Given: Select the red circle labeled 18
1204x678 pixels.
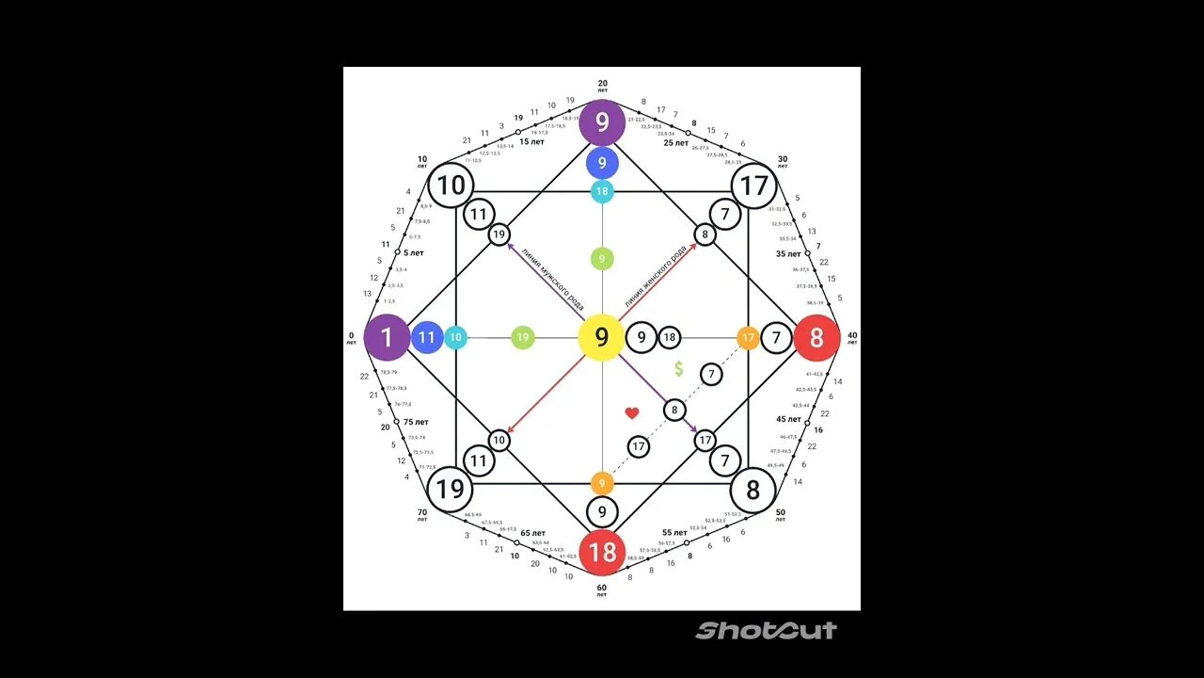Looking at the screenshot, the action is (602, 552).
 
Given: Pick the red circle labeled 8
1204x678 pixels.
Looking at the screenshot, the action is (816, 338).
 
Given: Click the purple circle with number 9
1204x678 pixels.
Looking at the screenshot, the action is (602, 122).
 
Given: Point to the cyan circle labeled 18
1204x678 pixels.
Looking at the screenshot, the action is (602, 192).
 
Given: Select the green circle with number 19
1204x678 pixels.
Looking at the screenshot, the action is (523, 338).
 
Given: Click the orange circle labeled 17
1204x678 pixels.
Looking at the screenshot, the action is (748, 338).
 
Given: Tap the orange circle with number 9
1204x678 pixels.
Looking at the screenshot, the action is (602, 484).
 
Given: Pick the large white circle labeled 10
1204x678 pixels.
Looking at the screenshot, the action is (451, 186).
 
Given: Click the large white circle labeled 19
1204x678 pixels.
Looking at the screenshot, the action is (451, 490).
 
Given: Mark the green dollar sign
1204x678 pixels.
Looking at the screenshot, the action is (678, 368).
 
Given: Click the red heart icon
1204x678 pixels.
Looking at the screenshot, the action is (632, 412).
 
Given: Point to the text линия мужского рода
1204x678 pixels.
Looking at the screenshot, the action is (547, 282).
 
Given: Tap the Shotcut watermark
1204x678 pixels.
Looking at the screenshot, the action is (766, 630).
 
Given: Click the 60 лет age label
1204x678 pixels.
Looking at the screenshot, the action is (602, 589).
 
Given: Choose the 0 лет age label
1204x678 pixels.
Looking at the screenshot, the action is (352, 338).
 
